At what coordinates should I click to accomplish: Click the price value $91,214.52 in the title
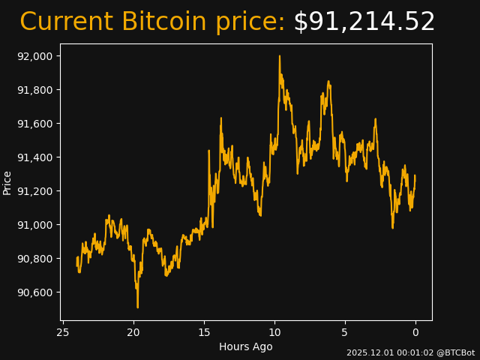(364, 22)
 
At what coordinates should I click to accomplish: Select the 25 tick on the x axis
(63, 332)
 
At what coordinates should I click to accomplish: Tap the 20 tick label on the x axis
(133, 332)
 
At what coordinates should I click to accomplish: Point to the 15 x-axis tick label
(204, 332)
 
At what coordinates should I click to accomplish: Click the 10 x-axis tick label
(274, 332)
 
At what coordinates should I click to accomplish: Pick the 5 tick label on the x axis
(345, 332)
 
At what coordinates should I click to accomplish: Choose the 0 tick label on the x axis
(415, 332)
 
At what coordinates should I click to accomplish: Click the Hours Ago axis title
(245, 346)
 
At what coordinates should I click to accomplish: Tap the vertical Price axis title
(7, 182)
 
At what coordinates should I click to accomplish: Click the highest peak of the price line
(280, 56)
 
